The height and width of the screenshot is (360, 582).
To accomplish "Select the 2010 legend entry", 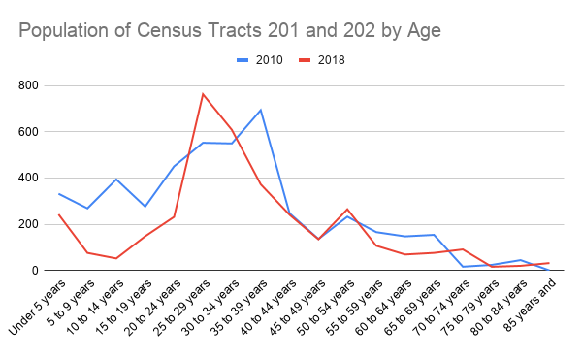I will [x=259, y=60].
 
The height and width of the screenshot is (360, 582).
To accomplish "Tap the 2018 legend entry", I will [x=321, y=60].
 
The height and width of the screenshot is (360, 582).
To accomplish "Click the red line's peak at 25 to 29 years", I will [x=203, y=94].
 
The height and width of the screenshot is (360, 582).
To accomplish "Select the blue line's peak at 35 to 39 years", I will [x=260, y=110].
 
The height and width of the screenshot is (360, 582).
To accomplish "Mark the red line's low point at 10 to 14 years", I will [x=116, y=258].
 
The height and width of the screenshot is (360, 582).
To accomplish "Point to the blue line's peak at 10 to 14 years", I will [x=116, y=179].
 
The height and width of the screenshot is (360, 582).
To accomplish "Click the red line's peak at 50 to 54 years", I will [x=346, y=210].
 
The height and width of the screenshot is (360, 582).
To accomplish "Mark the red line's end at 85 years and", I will [x=548, y=263].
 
